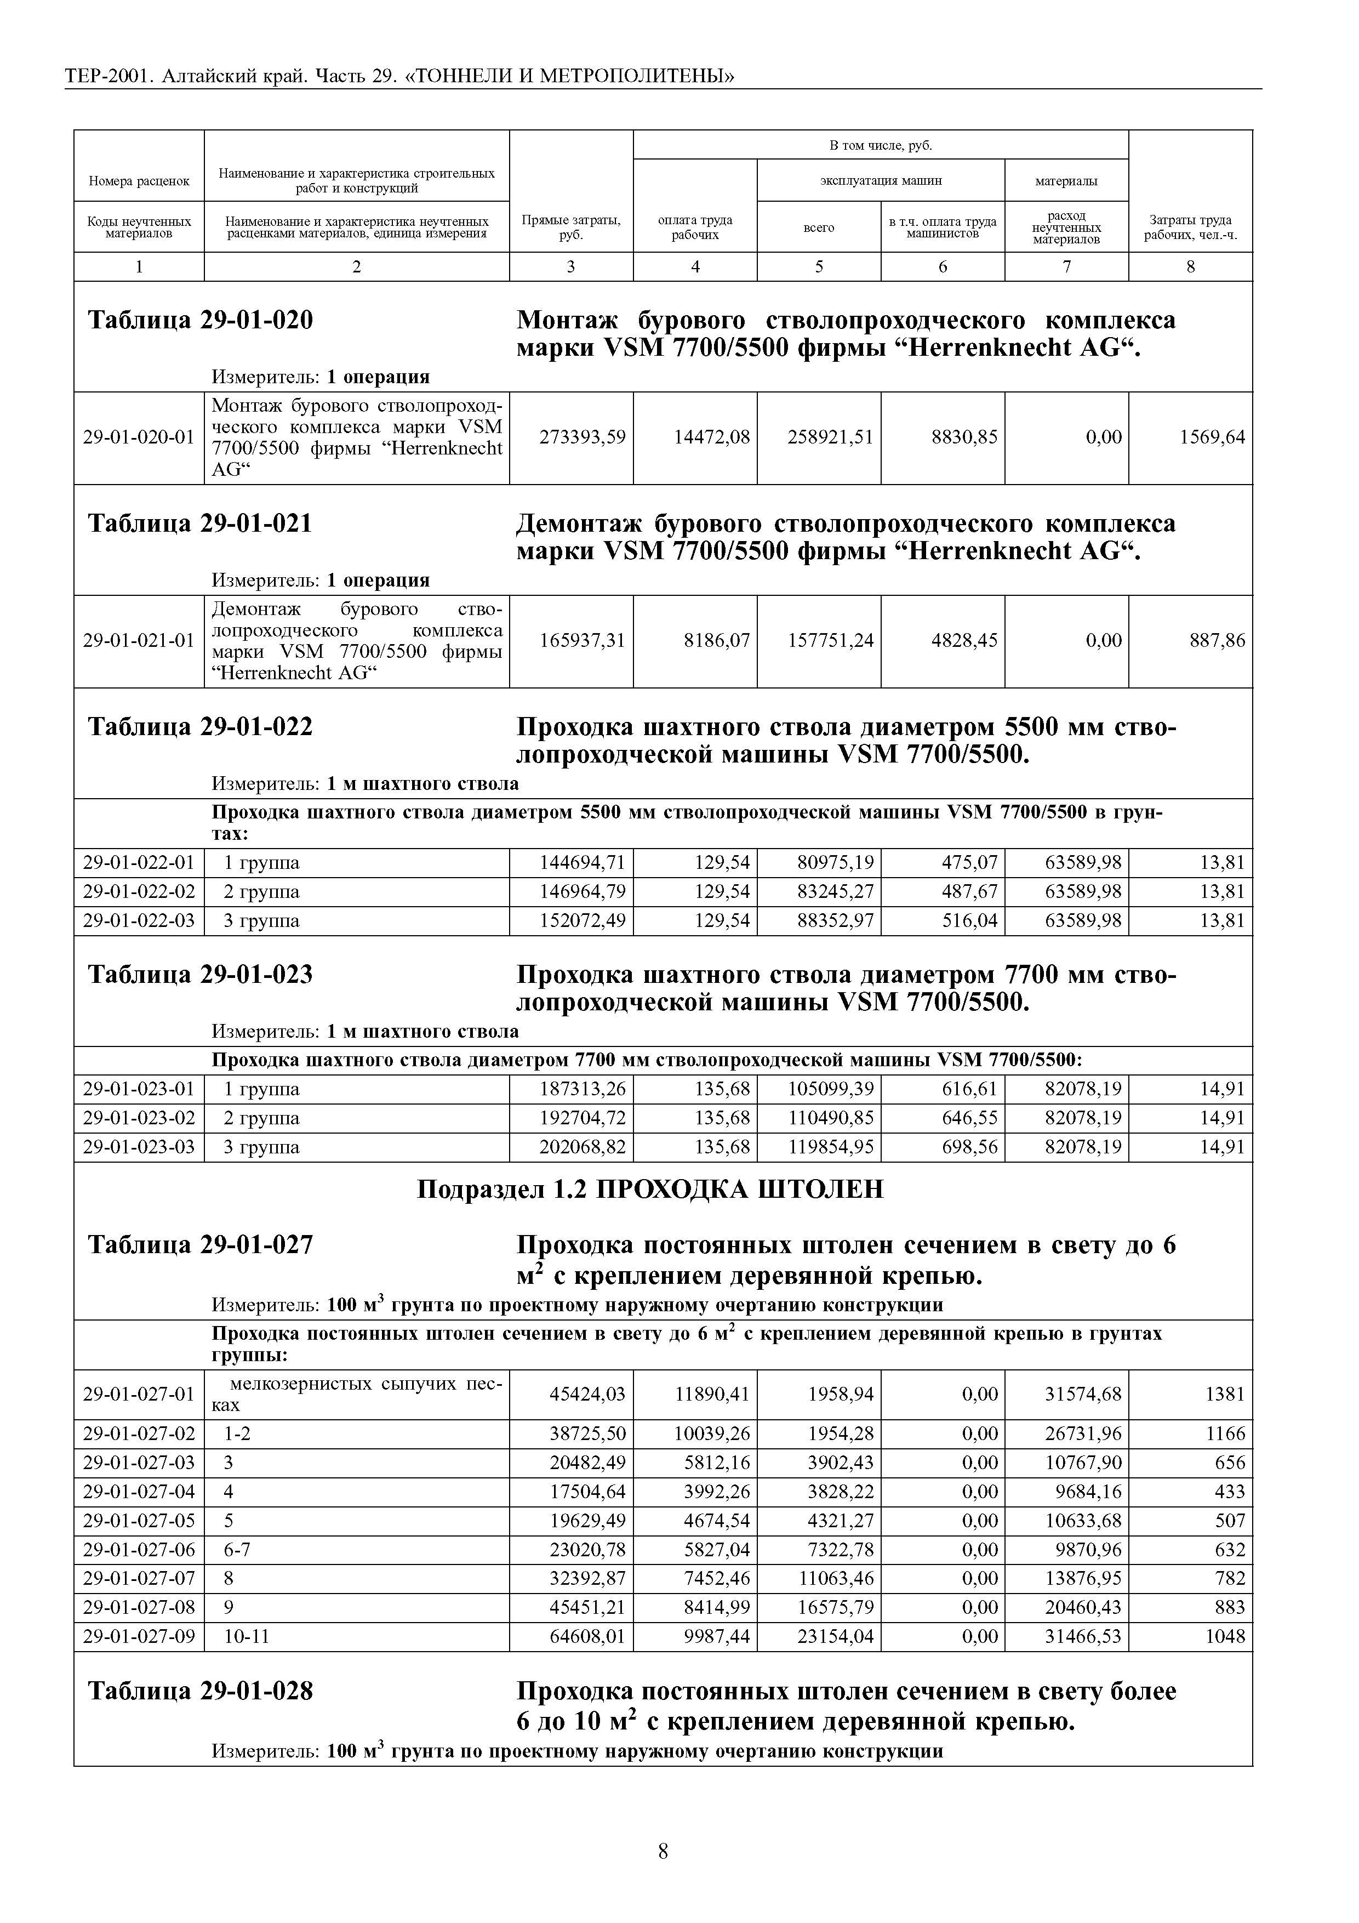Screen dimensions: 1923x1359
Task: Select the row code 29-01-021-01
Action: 138,641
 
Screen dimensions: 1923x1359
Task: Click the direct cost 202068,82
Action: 582,1147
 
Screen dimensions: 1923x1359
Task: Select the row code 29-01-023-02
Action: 138,1118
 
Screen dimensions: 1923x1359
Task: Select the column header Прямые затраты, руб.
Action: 570,227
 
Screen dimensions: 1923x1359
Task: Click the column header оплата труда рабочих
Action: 694,227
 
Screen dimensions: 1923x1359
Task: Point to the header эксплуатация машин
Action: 880,180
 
